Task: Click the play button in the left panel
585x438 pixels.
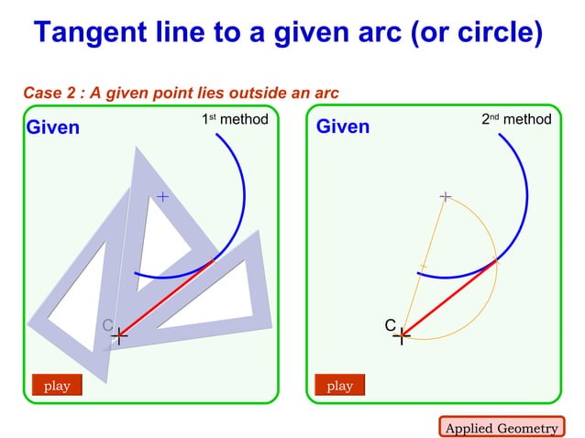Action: (x=57, y=386)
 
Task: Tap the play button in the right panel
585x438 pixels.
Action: (x=339, y=386)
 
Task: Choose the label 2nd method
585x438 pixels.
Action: (x=516, y=120)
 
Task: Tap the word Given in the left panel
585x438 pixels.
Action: (x=53, y=127)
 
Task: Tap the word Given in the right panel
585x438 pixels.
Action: (x=343, y=127)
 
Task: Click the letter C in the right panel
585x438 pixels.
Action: (x=390, y=326)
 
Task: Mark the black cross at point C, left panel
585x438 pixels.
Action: (x=119, y=337)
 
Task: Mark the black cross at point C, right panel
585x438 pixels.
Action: (x=402, y=337)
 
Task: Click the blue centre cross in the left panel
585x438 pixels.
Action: (x=162, y=196)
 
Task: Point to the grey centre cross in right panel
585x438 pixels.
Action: (x=445, y=196)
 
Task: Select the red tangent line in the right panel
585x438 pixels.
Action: (x=449, y=299)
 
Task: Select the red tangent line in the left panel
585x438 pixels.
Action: (x=167, y=299)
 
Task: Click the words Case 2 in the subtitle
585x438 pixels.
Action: (x=50, y=93)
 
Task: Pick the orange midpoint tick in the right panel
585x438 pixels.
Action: (x=423, y=267)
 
